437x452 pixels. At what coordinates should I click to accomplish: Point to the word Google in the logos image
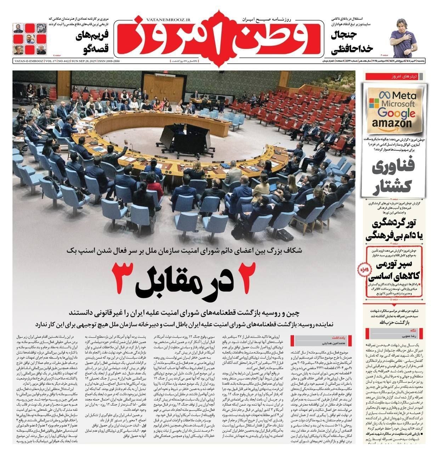tap(396, 113)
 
